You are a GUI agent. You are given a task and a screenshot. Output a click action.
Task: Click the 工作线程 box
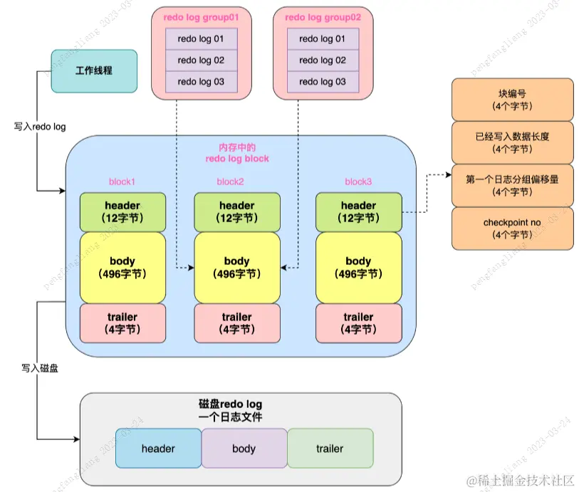94,71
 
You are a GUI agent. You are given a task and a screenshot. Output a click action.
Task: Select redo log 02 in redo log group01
201,61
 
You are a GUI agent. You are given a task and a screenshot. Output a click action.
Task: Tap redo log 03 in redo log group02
323,82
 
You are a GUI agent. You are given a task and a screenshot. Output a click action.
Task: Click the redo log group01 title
200,16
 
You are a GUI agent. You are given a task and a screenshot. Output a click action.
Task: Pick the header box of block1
122,211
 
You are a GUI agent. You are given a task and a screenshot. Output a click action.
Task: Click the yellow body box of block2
236,267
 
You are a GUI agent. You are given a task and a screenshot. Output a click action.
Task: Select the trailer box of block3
358,323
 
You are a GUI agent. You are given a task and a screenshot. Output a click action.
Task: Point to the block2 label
230,182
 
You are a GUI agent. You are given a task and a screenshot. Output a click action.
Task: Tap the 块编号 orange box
512,100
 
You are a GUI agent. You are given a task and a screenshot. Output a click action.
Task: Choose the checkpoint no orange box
512,228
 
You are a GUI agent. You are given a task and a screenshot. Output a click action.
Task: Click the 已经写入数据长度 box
512,142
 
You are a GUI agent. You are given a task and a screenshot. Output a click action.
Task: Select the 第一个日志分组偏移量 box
512,185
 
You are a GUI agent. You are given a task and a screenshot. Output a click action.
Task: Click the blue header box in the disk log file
158,449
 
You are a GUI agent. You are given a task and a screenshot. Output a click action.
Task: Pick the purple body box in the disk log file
244,449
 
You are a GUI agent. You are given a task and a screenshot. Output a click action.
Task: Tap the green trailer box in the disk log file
330,449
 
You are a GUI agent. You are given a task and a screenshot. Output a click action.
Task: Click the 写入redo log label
40,127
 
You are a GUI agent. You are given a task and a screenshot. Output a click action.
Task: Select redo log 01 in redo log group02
323,39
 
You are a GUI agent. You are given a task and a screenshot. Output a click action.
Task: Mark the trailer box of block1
122,323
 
